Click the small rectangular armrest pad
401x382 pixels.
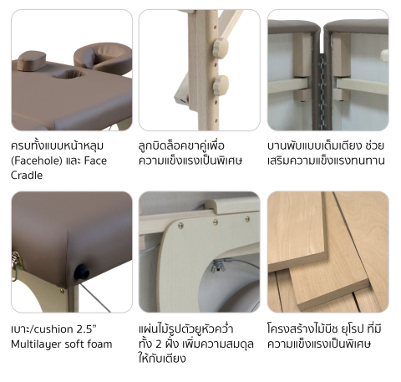pyautogui.click(x=31, y=60)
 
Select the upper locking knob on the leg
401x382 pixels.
pyautogui.click(x=221, y=48)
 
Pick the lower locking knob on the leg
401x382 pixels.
pyautogui.click(x=221, y=85)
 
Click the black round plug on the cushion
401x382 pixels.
pyautogui.click(x=82, y=272)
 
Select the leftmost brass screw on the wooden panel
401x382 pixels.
pyautogui.click(x=180, y=226)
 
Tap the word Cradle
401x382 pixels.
pyautogui.click(x=27, y=176)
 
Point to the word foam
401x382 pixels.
pyautogui.click(x=99, y=344)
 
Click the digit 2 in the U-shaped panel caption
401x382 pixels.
pyautogui.click(x=159, y=344)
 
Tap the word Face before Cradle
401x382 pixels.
pyautogui.click(x=95, y=160)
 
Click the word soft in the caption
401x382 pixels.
pyautogui.click(x=74, y=344)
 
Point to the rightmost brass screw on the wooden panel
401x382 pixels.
pyautogui.click(x=247, y=219)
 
